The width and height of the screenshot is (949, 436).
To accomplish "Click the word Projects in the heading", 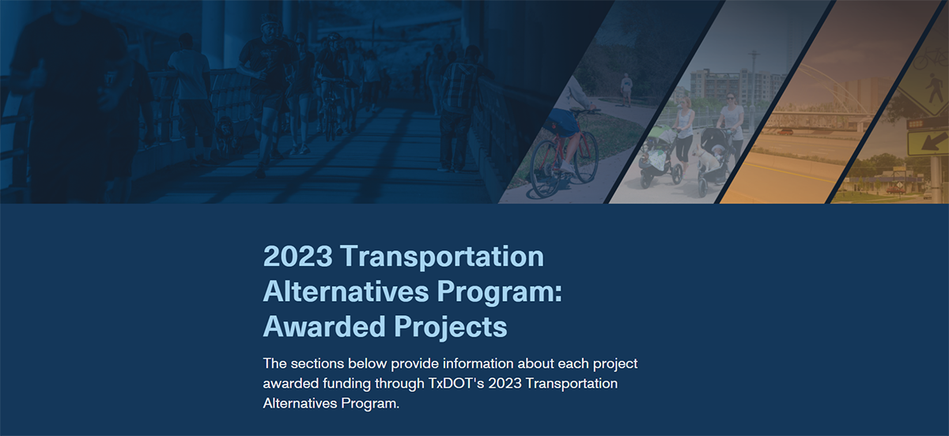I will click(x=462, y=325).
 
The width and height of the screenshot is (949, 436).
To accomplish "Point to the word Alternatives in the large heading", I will click(x=346, y=291).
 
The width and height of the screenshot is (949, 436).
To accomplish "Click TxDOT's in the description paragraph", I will click(x=453, y=384).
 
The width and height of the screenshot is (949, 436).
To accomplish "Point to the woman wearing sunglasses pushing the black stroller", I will click(x=731, y=118).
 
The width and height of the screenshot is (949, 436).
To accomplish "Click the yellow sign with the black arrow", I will click(x=922, y=141).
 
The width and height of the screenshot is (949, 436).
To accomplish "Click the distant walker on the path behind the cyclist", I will click(x=626, y=88).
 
